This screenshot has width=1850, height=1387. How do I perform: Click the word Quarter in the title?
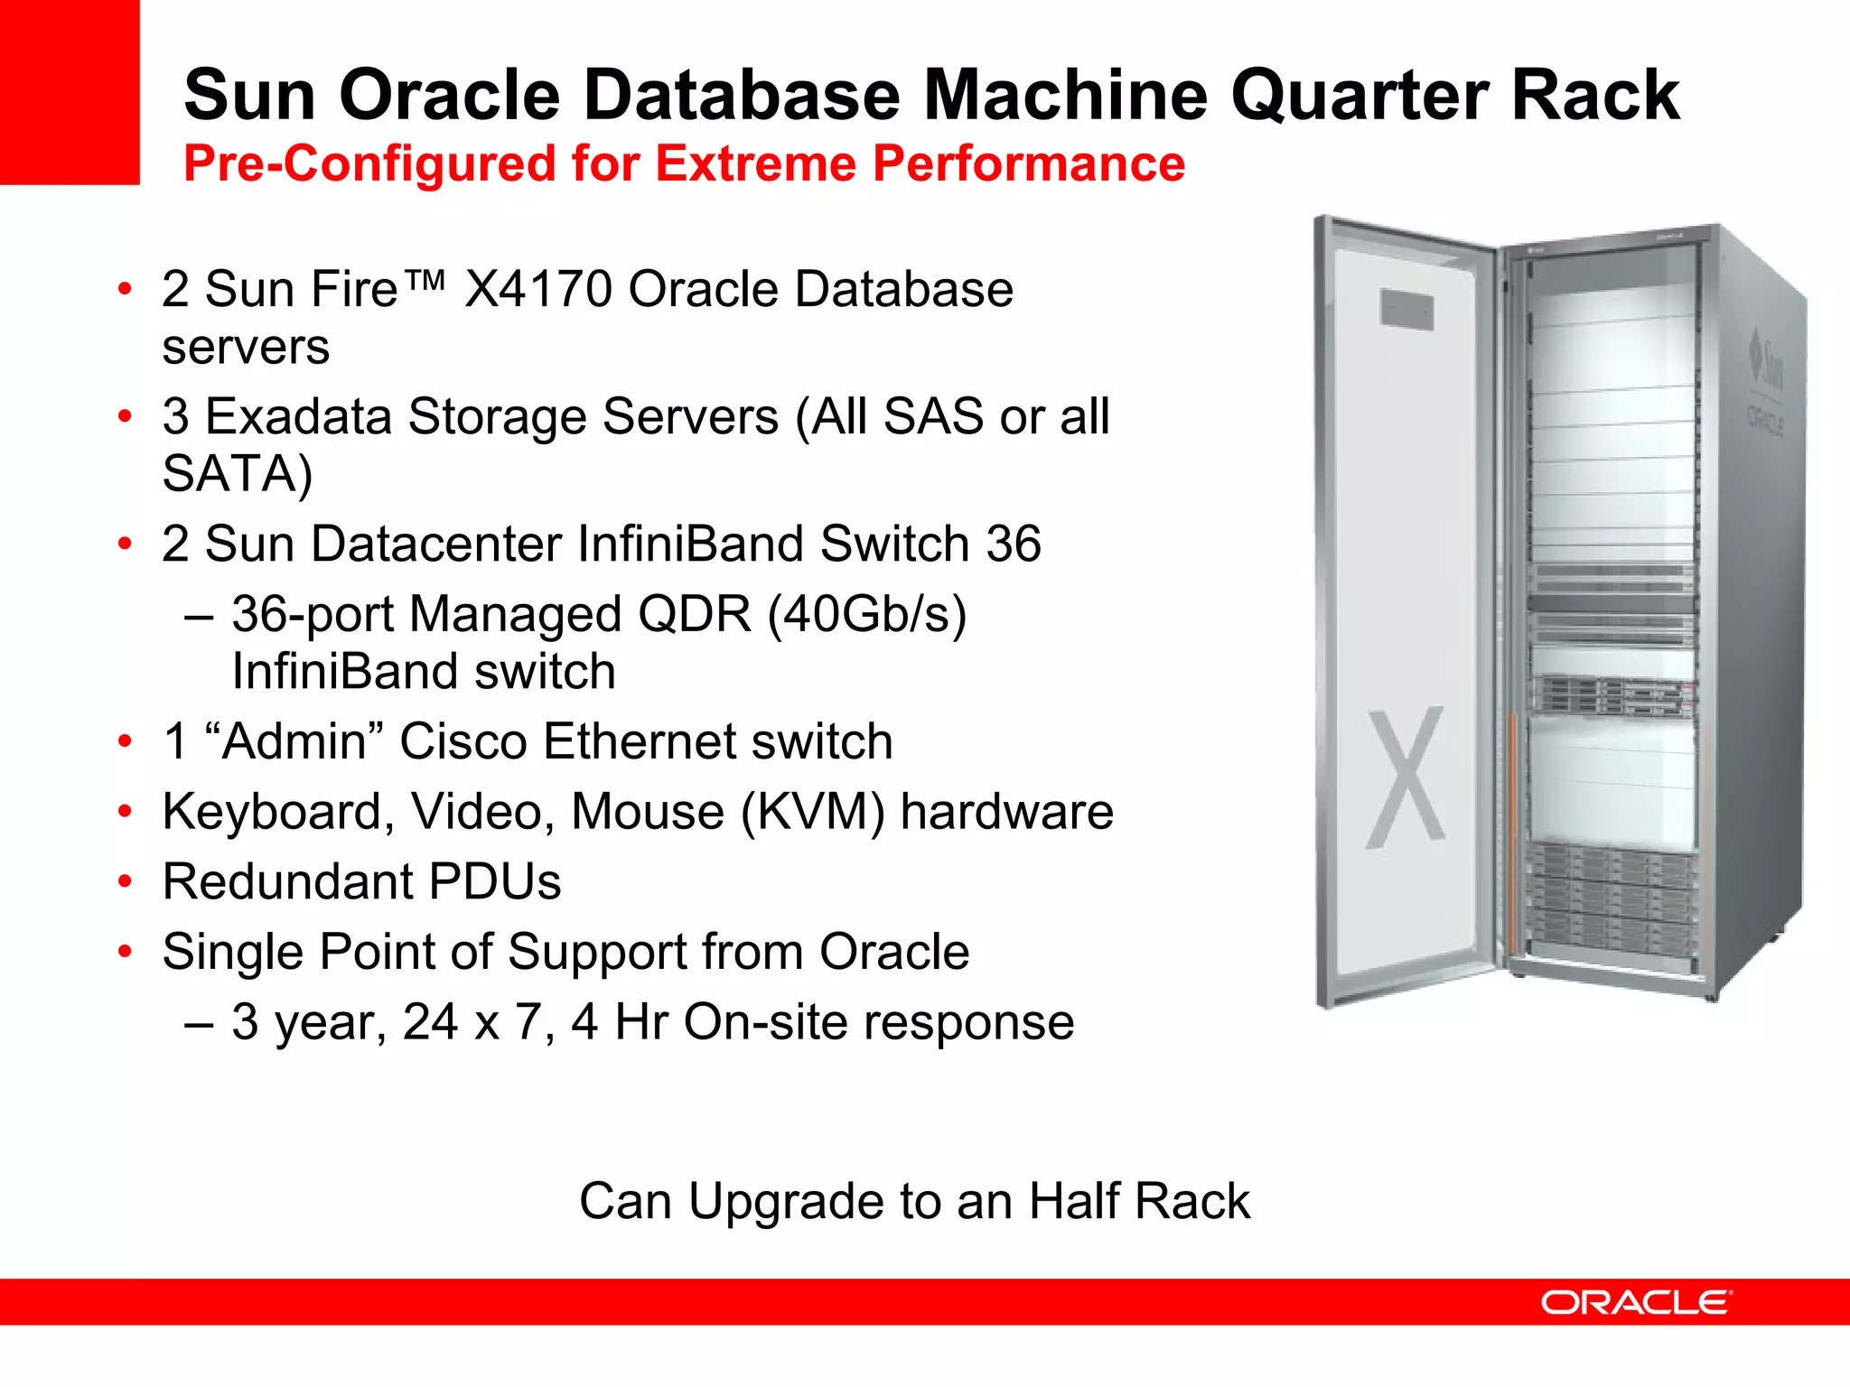point(1360,96)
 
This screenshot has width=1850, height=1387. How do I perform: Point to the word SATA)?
point(238,473)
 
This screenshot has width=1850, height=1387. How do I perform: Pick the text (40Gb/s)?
point(867,615)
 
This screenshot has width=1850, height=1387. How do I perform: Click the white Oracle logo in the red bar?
point(1636,1302)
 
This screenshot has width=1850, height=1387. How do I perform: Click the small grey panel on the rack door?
point(1406,310)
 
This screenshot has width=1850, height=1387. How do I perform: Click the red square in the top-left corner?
point(70,90)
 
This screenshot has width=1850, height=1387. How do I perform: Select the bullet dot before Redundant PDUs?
point(126,881)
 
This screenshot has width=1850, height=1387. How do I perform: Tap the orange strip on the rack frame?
point(1510,831)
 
